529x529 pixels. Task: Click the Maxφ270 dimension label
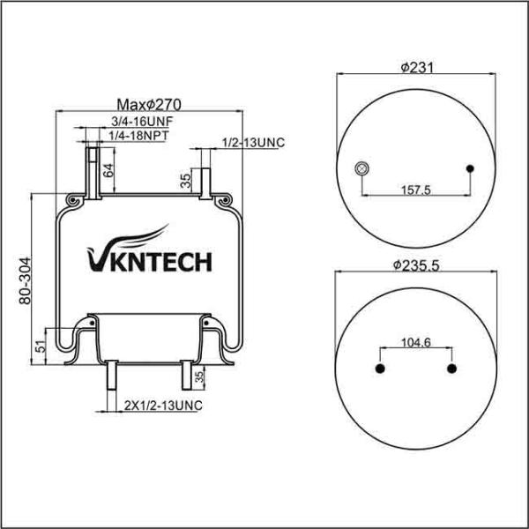click(x=149, y=105)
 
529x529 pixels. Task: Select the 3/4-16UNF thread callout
click(x=142, y=121)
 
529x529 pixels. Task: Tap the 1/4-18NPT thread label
click(x=138, y=135)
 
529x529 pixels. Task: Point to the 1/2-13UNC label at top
click(x=253, y=142)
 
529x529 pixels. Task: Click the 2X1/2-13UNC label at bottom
click(x=163, y=406)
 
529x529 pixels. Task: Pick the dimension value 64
click(x=108, y=170)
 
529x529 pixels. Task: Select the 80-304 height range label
click(x=25, y=280)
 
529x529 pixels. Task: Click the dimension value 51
click(x=41, y=346)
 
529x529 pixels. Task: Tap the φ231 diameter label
click(x=417, y=68)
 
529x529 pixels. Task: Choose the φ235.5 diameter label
click(x=416, y=265)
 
